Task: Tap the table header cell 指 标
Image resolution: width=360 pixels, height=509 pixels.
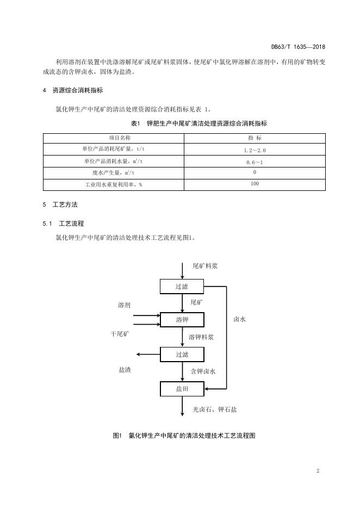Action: coord(255,138)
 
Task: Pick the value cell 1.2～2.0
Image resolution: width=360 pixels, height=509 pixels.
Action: coord(255,150)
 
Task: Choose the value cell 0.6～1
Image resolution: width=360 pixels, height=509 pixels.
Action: coord(255,162)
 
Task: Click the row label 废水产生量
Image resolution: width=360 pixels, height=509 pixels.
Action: coord(113,173)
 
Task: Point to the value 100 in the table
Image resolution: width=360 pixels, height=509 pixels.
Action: coord(255,184)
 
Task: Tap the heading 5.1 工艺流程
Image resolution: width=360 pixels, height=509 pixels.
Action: coord(67,224)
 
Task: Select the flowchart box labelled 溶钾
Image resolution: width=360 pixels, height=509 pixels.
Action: coord(182,320)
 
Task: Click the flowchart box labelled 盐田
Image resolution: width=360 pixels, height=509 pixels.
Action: coord(182,389)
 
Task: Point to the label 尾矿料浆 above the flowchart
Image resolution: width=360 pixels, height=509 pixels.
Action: coord(205,266)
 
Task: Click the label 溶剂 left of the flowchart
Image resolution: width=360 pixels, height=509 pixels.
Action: coord(124,306)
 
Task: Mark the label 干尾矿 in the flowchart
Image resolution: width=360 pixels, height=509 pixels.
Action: coord(120,333)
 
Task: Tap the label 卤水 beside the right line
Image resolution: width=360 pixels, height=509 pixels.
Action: coord(239,320)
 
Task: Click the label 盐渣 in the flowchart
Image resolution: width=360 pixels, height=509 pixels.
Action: coord(125,370)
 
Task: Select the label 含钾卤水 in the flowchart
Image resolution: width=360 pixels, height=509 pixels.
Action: coord(203,371)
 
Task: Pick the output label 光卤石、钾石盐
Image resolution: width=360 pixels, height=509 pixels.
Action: coord(214,409)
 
